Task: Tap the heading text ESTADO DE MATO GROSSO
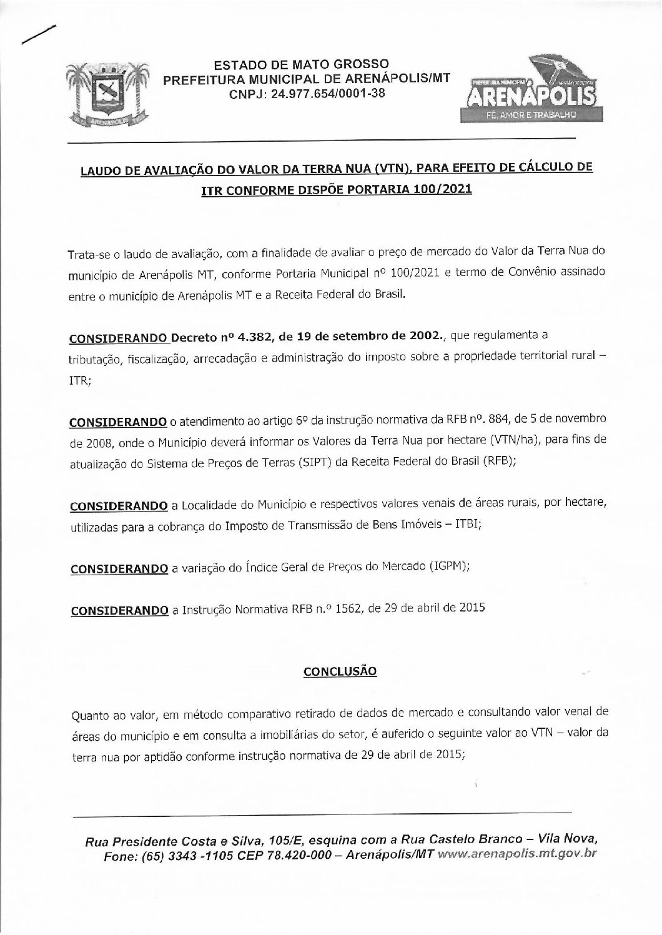302,65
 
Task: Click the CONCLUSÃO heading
340,672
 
